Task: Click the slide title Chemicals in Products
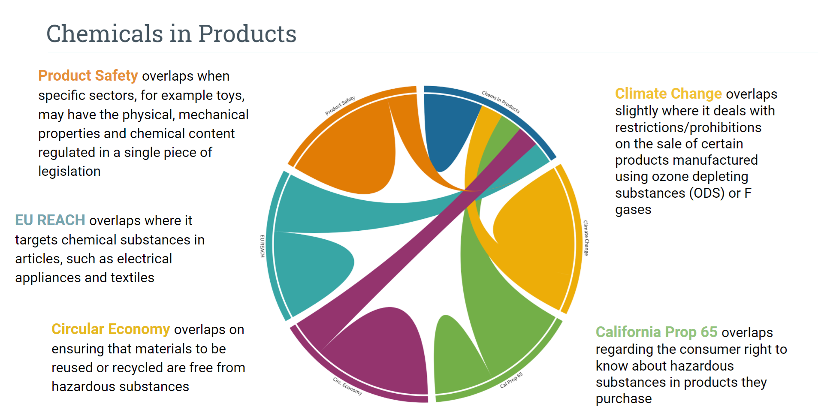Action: click(x=171, y=34)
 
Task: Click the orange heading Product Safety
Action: click(x=88, y=75)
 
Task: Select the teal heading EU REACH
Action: click(x=50, y=220)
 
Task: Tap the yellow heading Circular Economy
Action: click(x=111, y=329)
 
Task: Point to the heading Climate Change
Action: click(x=668, y=93)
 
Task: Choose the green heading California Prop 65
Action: click(x=656, y=332)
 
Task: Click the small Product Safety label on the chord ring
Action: click(x=340, y=106)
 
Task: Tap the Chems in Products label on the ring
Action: click(x=500, y=102)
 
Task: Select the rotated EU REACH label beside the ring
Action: click(x=262, y=246)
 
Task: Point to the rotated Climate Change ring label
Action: click(x=586, y=238)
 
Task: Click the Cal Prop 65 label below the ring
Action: click(x=511, y=380)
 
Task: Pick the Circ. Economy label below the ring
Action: click(x=347, y=386)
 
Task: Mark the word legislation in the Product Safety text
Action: click(x=69, y=171)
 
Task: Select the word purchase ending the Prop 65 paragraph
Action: click(x=623, y=398)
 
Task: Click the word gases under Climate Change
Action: click(x=633, y=210)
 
